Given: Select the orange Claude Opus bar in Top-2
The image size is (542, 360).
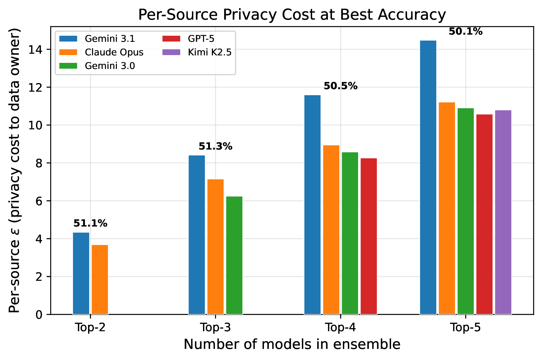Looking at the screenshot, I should point(100,280).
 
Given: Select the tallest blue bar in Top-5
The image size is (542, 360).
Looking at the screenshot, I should point(428,177).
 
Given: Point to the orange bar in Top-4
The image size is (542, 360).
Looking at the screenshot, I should point(331,230).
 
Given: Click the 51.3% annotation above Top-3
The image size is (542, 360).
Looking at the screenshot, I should point(215,146).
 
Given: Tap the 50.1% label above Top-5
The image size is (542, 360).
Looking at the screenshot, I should point(466,32).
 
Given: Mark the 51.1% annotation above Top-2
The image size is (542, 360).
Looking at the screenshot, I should point(90,223).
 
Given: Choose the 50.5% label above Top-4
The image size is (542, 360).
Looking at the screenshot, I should point(341,86).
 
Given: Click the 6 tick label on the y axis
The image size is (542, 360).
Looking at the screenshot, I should point(39,201).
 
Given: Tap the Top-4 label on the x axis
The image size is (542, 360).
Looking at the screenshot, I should point(341,328).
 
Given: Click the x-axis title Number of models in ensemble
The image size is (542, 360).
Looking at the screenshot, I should point(292,344).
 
